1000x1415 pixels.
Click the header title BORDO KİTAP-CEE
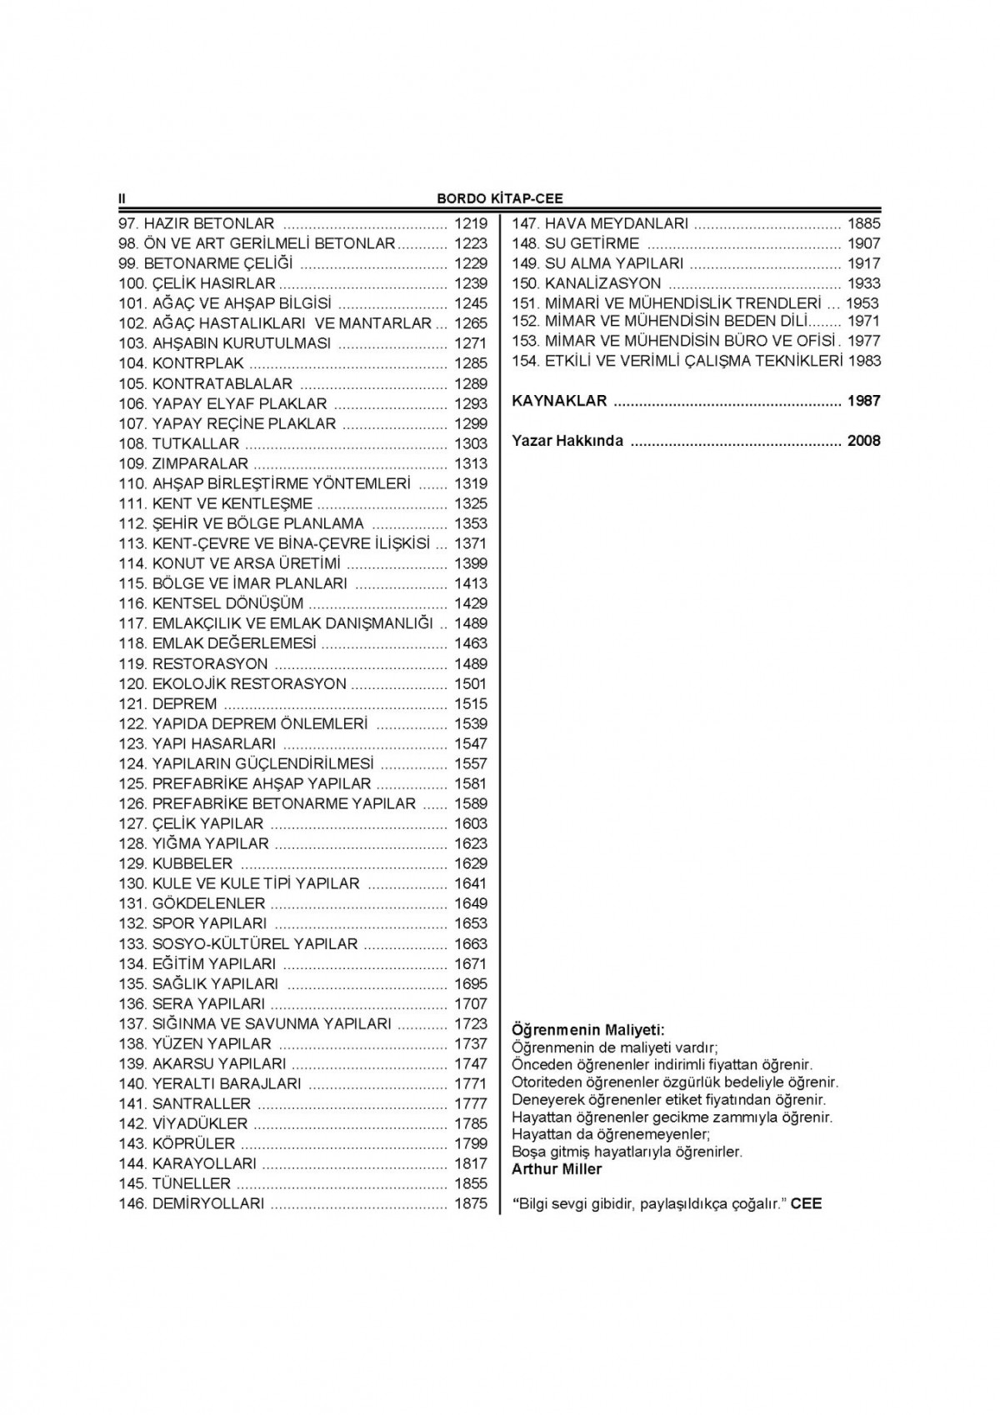pos(500,198)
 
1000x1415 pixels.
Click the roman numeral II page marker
pos(122,198)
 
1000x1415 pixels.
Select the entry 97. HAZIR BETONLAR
pos(197,223)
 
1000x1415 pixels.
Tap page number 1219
pos(470,223)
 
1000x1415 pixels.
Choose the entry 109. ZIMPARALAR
pos(183,463)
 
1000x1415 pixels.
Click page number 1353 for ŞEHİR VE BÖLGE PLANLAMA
pos(470,523)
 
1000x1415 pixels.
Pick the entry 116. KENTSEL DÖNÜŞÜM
pos(211,603)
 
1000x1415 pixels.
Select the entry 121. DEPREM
pos(167,703)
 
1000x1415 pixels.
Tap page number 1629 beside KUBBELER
pos(470,863)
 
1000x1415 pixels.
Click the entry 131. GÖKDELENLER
pos(192,903)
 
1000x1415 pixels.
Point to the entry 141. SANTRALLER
pos(184,1103)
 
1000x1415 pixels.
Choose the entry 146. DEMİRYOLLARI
pos(192,1203)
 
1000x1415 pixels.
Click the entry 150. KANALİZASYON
pos(586,283)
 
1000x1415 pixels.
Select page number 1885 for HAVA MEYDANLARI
pos(863,223)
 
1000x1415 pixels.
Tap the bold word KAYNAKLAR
pos(559,401)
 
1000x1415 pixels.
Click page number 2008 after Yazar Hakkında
pos(863,441)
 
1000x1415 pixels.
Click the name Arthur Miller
pos(557,1169)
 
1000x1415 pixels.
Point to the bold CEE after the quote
pos(806,1203)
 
